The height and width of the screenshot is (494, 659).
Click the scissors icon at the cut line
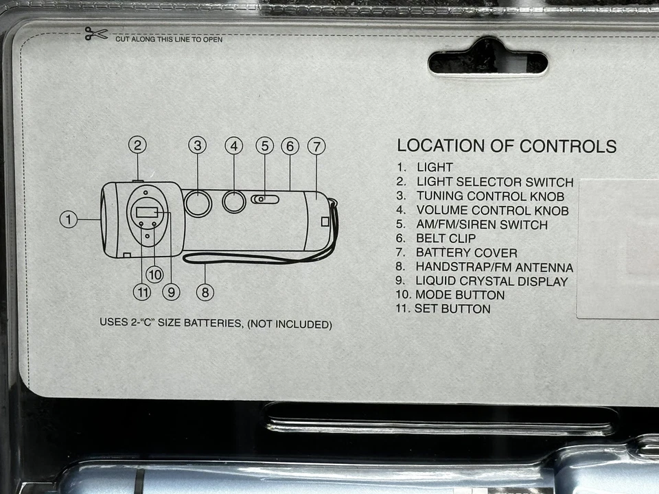[96, 34]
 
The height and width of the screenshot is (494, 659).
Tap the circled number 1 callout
[68, 220]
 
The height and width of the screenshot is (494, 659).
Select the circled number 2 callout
[137, 145]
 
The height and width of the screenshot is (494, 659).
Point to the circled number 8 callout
[205, 292]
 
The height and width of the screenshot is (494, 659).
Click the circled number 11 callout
[141, 292]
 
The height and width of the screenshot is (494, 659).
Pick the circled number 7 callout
[316, 146]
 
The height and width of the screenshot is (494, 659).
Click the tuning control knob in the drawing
[198, 203]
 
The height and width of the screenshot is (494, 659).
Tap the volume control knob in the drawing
[234, 201]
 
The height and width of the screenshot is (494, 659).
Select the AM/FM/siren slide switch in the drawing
[265, 199]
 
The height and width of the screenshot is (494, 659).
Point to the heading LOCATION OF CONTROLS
[507, 146]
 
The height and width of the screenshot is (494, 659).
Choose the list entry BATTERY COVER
[466, 252]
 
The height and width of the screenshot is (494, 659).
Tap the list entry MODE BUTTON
[459, 295]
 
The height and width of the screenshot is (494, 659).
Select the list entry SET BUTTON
[452, 309]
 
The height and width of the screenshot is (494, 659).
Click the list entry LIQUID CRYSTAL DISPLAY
[492, 281]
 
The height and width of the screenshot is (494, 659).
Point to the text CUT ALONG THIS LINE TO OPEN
[169, 39]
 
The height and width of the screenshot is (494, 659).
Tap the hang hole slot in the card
[487, 63]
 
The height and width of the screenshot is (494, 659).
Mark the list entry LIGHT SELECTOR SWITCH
[494, 182]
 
